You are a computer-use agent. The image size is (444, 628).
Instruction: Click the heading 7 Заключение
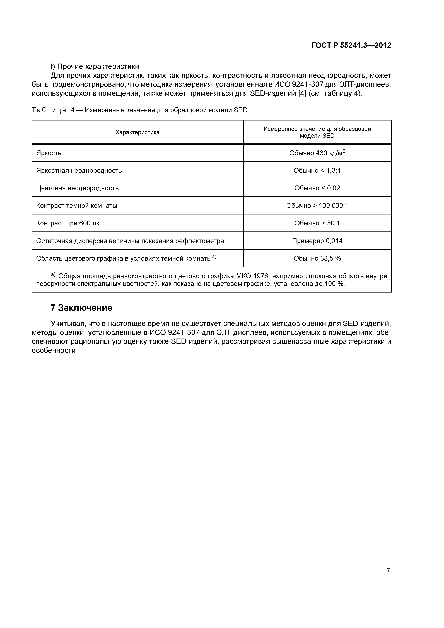[x=81, y=308]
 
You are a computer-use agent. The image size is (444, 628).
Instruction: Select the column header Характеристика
[x=137, y=132]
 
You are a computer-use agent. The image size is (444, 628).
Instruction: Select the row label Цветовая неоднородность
[x=77, y=188]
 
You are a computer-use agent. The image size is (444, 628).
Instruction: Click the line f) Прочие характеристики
[x=95, y=66]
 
